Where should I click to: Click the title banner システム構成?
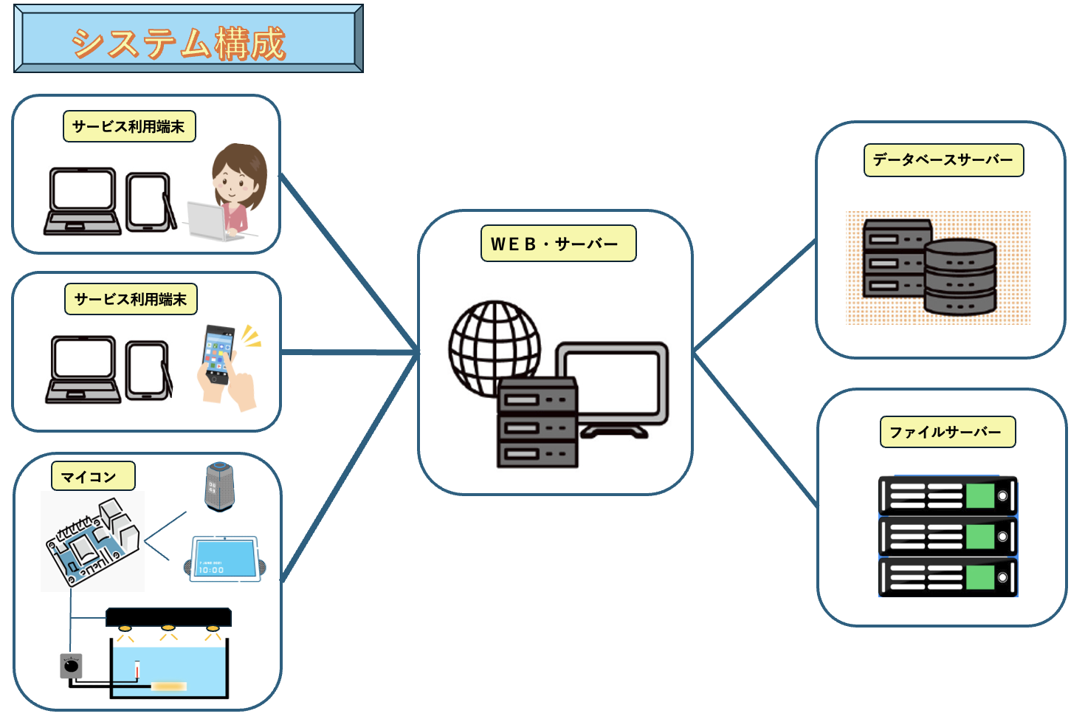[188, 39]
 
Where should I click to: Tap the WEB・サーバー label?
[558, 244]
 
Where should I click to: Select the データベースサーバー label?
[943, 160]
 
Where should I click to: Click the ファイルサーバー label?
[948, 433]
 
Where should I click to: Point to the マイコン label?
[93, 476]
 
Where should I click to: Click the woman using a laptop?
[235, 192]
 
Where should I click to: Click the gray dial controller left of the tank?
[71, 666]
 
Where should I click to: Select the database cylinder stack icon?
[960, 277]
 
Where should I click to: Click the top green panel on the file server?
[980, 496]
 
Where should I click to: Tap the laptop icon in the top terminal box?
[82, 202]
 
